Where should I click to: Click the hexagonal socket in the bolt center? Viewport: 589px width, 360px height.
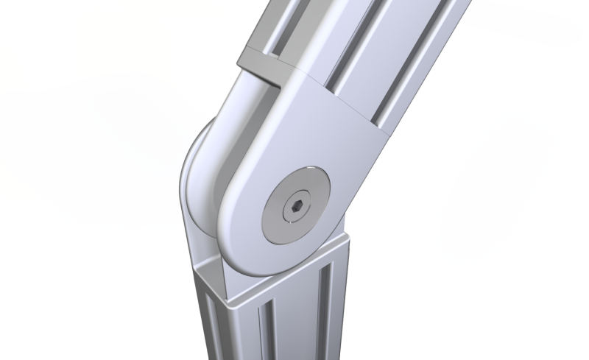coord(294,209)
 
